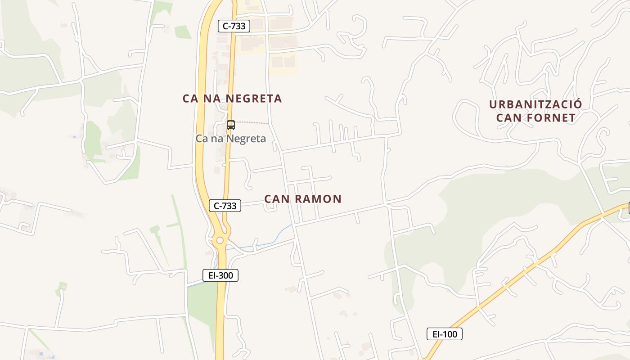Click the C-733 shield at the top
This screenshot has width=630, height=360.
(x=234, y=26)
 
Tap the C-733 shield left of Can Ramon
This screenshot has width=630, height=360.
(x=225, y=206)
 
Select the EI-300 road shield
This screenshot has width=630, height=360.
(x=220, y=275)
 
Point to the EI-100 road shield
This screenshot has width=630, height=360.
(x=444, y=334)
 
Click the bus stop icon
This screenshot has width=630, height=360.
(x=231, y=125)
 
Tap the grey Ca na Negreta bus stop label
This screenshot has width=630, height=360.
(x=230, y=139)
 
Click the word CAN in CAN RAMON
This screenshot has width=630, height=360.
(x=276, y=199)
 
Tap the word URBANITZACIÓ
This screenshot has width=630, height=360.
(x=535, y=104)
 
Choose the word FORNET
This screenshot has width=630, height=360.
(x=552, y=118)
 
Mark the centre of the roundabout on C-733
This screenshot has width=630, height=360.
(x=220, y=240)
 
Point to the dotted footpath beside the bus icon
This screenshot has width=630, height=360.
(x=252, y=122)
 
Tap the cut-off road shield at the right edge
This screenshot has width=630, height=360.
(x=629, y=208)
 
